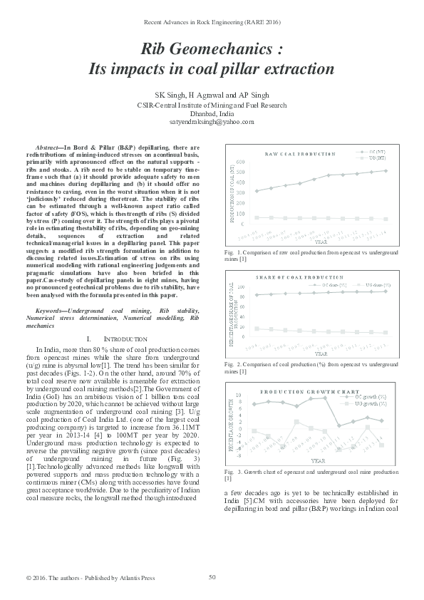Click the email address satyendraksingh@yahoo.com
tap(212, 122)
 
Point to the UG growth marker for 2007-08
tap(297, 422)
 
